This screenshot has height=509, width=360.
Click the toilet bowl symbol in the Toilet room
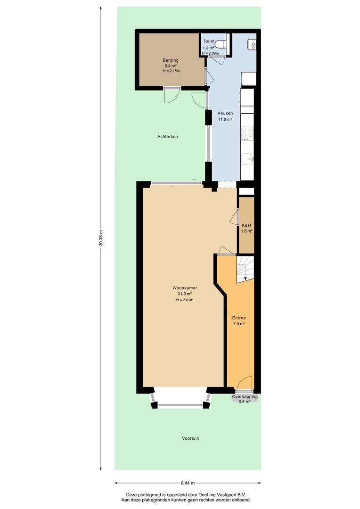click(222, 43)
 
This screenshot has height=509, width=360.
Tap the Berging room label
click(171, 60)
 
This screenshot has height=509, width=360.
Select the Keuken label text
click(225, 113)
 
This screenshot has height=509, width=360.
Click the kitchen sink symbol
click(248, 159)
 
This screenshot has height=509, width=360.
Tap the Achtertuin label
click(167, 137)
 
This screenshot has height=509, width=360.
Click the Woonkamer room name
click(185, 288)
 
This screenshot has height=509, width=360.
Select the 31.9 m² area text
click(185, 294)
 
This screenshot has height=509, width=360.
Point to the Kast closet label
click(246, 225)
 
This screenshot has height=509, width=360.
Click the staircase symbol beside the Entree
click(245, 269)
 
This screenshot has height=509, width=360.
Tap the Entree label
click(239, 318)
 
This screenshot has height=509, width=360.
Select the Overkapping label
click(245, 397)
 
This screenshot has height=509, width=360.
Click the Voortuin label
click(190, 438)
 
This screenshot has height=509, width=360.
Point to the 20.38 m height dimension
click(101, 238)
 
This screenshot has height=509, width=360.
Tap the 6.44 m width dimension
click(188, 483)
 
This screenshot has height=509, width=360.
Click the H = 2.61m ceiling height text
click(185, 300)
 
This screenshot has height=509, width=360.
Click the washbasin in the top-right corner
click(252, 45)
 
